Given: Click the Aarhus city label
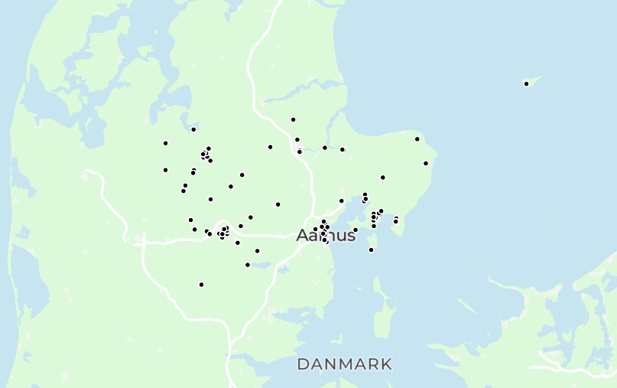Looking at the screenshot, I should [x=326, y=235].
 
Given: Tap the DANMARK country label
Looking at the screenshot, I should [x=345, y=364].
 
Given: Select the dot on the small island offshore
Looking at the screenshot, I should [x=526, y=83].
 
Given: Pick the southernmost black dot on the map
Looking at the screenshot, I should [x=201, y=285].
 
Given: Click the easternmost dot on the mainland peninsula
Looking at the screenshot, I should [x=426, y=163].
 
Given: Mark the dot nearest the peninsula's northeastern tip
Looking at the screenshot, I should [x=417, y=139].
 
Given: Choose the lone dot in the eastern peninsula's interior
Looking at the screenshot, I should [x=382, y=178].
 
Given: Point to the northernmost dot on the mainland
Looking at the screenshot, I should [x=293, y=119].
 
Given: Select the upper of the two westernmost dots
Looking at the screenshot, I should [x=165, y=143].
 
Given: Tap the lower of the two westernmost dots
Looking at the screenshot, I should [x=165, y=170].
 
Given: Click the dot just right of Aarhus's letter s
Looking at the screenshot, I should [x=356, y=230].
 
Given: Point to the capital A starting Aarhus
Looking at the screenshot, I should [x=303, y=235].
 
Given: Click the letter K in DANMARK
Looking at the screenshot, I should [x=385, y=364].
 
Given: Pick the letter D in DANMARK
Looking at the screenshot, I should [x=304, y=364].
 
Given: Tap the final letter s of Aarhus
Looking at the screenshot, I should [x=351, y=236].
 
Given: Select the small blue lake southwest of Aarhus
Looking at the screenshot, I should [x=260, y=266].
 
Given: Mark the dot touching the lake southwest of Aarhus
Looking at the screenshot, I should [x=247, y=265].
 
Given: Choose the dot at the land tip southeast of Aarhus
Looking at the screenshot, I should [x=371, y=249].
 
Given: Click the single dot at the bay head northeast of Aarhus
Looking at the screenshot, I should [x=341, y=201].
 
